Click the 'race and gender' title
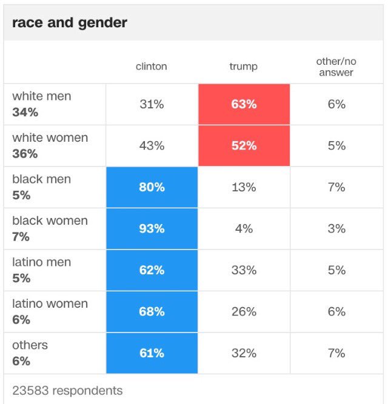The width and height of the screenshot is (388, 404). (69, 23)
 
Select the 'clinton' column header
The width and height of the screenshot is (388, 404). (151, 67)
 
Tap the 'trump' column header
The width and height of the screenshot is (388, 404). (243, 67)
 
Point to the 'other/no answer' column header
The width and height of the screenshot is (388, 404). (335, 67)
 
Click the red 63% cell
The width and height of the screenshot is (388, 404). (244, 104)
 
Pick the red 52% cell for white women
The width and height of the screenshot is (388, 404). (244, 146)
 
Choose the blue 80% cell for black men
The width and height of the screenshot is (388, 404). (152, 187)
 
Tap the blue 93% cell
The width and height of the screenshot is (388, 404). (152, 228)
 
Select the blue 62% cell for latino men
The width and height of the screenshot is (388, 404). (152, 270)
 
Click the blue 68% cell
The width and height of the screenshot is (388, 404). (152, 311)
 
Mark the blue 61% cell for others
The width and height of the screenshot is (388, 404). (152, 353)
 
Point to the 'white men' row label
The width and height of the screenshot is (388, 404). (41, 96)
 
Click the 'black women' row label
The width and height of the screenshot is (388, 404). (50, 221)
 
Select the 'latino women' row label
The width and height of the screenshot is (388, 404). (50, 304)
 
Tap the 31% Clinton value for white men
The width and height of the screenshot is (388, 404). (152, 104)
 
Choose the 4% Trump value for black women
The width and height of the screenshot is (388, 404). (244, 228)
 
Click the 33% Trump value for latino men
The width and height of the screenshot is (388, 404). (244, 270)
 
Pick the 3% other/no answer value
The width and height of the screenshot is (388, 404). (336, 228)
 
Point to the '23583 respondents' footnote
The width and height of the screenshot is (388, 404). (67, 391)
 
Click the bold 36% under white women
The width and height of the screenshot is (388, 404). (25, 154)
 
